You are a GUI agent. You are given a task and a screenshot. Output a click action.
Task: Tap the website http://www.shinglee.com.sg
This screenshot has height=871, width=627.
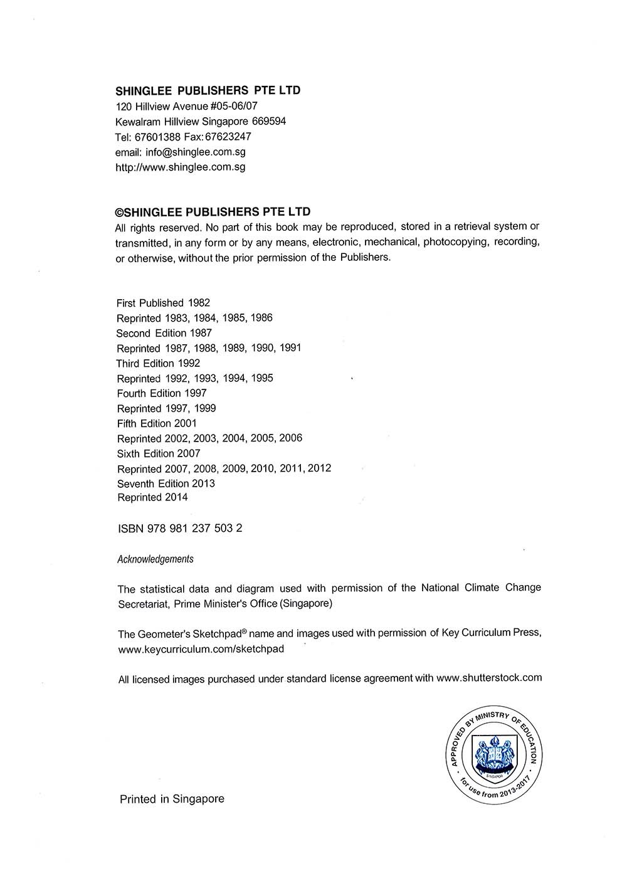181,167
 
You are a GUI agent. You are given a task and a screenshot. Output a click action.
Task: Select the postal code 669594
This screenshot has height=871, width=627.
268,121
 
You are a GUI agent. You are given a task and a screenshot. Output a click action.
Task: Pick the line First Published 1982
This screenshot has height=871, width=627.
163,303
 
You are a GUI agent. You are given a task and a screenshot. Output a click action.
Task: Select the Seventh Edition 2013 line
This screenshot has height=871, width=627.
166,483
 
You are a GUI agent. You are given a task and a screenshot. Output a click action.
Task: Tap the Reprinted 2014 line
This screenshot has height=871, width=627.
152,497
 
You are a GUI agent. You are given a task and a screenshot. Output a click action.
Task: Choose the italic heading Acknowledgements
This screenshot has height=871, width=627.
155,559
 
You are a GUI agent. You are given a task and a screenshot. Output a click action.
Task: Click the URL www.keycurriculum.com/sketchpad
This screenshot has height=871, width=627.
201,649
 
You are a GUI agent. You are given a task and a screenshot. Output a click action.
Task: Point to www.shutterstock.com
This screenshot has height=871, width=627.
488,678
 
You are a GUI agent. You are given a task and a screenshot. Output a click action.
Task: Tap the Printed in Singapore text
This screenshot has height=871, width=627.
172,799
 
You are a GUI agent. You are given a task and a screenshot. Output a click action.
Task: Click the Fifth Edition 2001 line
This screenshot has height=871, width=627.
157,423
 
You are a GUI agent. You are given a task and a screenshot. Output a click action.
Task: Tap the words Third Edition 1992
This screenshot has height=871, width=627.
158,363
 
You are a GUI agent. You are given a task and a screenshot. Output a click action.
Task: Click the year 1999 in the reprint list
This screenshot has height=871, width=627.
204,408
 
